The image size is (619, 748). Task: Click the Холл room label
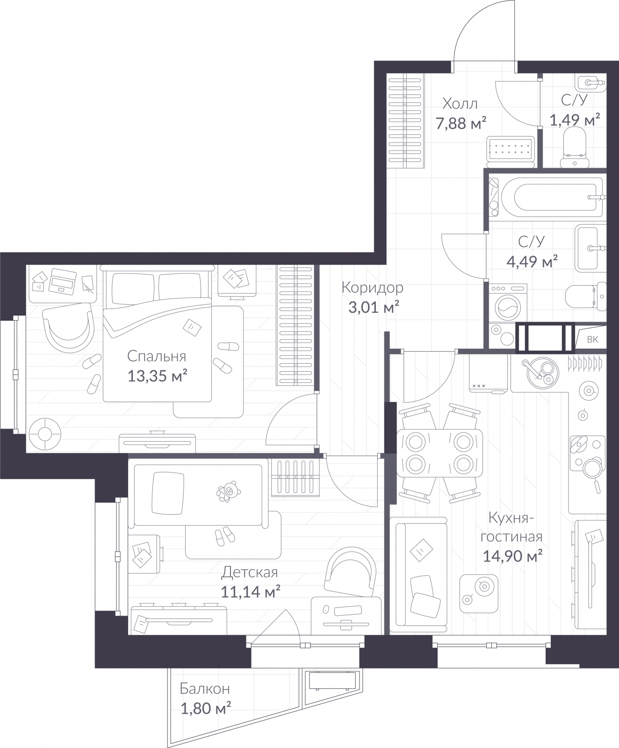tap(461, 103)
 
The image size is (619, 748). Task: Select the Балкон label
tap(205, 689)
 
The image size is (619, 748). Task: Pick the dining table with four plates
tap(439, 453)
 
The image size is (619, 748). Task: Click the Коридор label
tap(373, 288)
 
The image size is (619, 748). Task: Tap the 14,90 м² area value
tap(512, 556)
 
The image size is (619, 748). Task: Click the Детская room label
tap(250, 572)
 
